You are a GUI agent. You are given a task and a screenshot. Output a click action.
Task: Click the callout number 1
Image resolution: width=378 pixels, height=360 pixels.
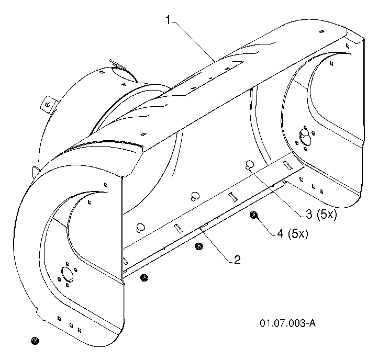[168, 20]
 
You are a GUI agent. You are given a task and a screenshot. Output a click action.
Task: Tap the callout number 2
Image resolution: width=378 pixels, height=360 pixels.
[237, 260]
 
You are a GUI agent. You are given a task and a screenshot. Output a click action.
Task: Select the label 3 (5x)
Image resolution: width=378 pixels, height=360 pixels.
[321, 214]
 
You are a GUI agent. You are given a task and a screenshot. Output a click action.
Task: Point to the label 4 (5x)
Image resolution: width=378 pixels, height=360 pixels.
[293, 233]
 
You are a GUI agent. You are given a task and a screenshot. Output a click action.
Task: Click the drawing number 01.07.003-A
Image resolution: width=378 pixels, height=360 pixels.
[287, 323]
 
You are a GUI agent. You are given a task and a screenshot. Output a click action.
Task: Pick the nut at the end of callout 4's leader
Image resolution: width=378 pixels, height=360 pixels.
[253, 215]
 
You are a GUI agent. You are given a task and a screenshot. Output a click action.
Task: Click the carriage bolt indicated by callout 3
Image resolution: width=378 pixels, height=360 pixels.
[250, 165]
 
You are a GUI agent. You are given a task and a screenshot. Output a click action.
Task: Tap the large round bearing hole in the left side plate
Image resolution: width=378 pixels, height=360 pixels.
[68, 274]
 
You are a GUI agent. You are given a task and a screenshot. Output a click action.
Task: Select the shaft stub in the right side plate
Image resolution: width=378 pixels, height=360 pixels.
[304, 135]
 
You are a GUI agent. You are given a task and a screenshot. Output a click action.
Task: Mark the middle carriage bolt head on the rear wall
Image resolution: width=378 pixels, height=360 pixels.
[195, 196]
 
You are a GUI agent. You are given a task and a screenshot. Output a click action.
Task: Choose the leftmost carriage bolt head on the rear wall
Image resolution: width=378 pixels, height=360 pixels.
[140, 228]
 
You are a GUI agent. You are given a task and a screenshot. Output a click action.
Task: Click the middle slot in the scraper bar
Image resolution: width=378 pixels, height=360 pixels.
[233, 197]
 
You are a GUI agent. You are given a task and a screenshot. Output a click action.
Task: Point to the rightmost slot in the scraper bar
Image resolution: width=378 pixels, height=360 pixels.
[288, 165]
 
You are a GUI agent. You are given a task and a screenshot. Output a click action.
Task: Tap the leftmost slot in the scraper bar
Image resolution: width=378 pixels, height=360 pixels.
[179, 229]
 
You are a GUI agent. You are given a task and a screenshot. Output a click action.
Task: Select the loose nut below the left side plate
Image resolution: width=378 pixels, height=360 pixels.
[35, 341]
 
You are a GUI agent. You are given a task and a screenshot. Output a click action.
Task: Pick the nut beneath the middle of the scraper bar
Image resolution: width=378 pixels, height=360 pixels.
[199, 246]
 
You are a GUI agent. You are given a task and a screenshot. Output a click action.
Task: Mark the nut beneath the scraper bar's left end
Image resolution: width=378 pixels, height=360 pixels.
[144, 278]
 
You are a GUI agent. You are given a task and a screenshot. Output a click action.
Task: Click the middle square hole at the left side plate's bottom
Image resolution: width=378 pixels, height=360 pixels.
[71, 325]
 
